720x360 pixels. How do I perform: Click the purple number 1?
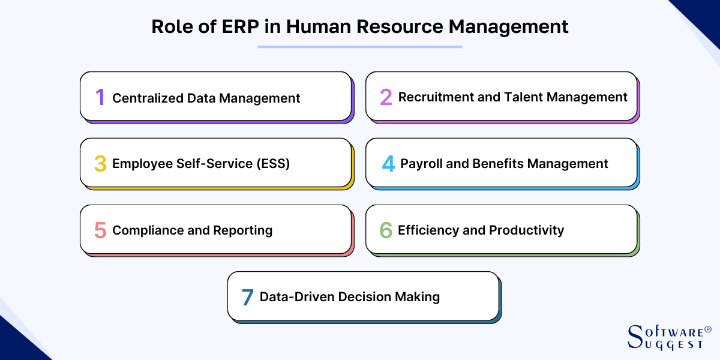(x=101, y=97)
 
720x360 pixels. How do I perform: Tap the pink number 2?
(x=386, y=97)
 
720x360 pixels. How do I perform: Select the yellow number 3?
(x=100, y=164)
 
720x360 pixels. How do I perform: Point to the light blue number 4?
(x=388, y=164)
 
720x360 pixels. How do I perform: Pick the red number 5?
(x=100, y=230)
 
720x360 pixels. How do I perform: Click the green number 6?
(x=386, y=230)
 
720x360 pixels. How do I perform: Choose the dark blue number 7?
(x=247, y=297)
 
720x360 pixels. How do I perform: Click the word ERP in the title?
(x=240, y=26)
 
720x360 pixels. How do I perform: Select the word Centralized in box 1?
(x=148, y=98)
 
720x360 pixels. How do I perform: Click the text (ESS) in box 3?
(x=273, y=164)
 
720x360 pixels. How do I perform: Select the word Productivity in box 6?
(x=527, y=230)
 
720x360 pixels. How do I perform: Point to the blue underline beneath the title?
(x=360, y=47)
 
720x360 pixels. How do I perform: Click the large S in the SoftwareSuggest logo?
(x=635, y=336)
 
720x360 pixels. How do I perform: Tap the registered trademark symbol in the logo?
(x=708, y=329)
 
